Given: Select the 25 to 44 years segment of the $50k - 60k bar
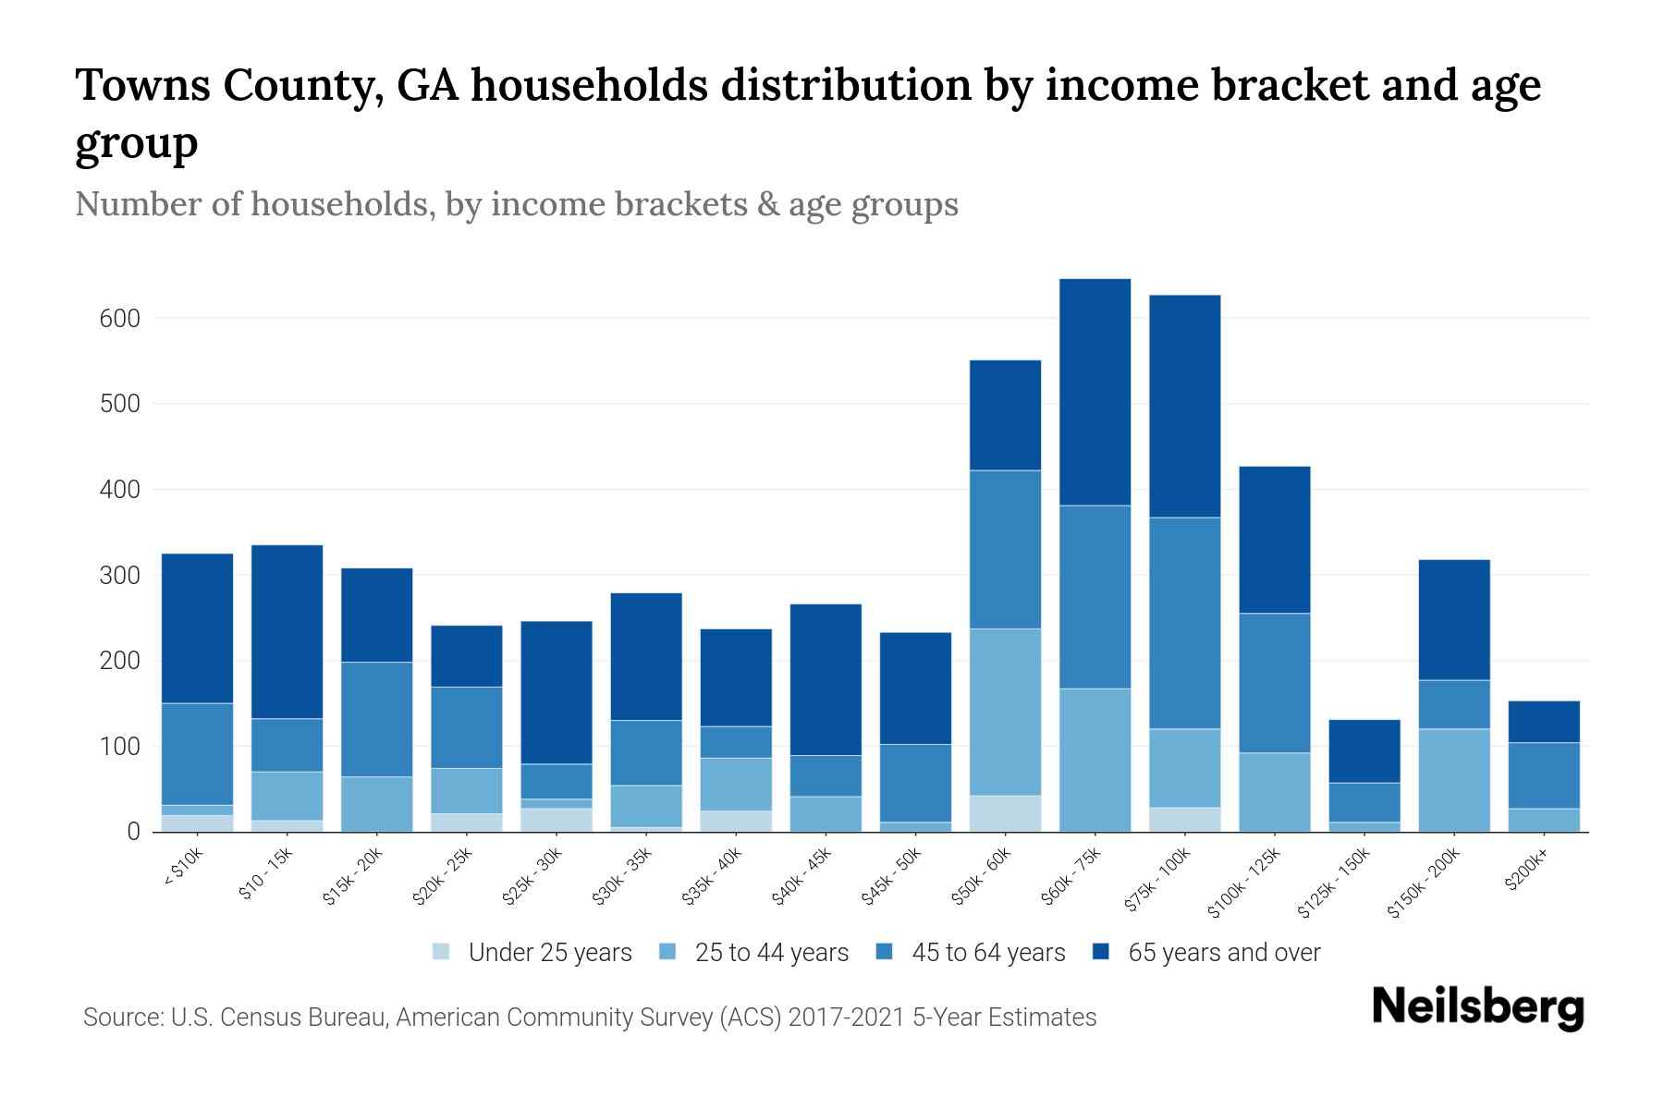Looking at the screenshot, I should pos(1005,712).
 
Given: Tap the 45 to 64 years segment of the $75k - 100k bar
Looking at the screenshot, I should pos(1184,623).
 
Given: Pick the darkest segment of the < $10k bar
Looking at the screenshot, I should pos(197,628).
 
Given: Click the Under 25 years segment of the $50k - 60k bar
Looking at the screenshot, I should pos(1005,813).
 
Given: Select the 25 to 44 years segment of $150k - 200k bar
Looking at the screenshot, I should pos(1453,780).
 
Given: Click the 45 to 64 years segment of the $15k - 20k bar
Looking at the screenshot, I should pos(376,719).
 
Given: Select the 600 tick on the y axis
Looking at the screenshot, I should pos(119,319).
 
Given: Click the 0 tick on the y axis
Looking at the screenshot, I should pos(133,832).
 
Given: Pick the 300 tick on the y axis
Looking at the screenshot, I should pos(119,575).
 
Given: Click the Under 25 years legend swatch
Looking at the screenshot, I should pos(442,952).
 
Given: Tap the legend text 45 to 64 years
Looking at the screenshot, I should pos(987,952).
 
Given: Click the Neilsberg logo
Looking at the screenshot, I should pos(1477,1008).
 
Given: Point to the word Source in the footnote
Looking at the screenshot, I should pos(120,1018).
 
